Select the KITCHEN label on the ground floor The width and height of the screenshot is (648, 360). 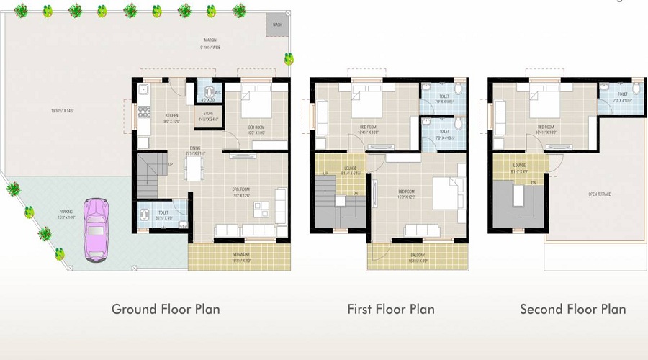click(x=171, y=115)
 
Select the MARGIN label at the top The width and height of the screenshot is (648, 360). click(x=210, y=41)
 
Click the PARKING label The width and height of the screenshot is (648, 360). click(x=66, y=212)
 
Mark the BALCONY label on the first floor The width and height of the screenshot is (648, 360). click(x=418, y=255)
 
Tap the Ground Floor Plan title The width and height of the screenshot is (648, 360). click(x=166, y=309)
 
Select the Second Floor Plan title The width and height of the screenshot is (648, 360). click(x=572, y=309)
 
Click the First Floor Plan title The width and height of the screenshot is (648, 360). click(x=391, y=309)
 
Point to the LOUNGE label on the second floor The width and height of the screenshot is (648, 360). click(x=519, y=166)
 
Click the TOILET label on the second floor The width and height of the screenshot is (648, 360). click(x=622, y=94)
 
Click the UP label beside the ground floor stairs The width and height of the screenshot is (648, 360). click(x=170, y=165)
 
